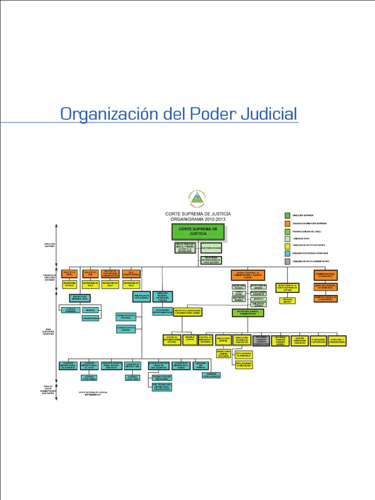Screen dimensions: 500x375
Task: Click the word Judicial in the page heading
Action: pos(268,114)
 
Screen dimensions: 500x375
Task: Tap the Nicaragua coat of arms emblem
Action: pos(198,198)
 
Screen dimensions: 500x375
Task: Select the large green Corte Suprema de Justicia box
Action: pos(198,232)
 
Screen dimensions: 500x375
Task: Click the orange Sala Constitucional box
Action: pos(131,274)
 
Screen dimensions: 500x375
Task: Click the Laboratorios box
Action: pos(90,318)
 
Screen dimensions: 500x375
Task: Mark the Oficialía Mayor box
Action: pos(287,300)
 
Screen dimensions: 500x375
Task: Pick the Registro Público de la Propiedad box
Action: pos(326,298)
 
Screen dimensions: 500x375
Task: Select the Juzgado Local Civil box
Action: pos(132,377)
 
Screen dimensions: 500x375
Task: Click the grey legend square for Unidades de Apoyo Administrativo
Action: pos(287,262)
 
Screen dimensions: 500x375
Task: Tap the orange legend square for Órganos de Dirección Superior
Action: pos(287,223)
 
